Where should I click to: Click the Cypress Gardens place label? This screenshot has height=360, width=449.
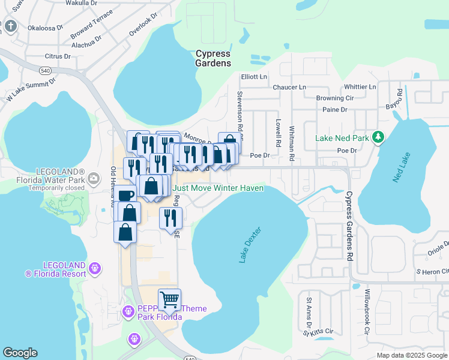[x=213, y=58]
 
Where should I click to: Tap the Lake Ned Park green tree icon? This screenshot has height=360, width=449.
[x=378, y=137]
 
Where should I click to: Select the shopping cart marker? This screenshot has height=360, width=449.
[x=169, y=299]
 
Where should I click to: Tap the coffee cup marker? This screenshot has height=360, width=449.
[x=125, y=196]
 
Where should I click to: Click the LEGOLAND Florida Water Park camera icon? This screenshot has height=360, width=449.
[x=94, y=178]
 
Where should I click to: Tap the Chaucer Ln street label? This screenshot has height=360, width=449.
[x=289, y=87]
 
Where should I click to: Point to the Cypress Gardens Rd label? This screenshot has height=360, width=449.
[x=348, y=226]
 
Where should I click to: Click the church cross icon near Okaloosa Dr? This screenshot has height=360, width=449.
[x=11, y=26]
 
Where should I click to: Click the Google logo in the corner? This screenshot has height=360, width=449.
[x=20, y=353]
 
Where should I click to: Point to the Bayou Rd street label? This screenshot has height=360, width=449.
[x=399, y=97]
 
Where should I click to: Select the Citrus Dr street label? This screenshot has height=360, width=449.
[x=58, y=56]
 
